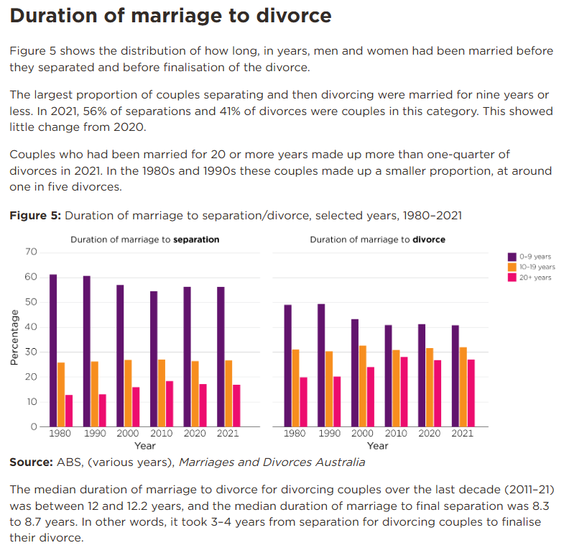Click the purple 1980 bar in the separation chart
pos(53,350)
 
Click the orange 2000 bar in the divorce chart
pos(362,386)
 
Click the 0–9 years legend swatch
pos(512,256)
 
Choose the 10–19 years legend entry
pos(536,267)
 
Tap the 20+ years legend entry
pos(535,278)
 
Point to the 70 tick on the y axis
pos(30,252)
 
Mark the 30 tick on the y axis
pos(30,352)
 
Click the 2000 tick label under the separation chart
pos(127,434)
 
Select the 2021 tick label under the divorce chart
pos(463,434)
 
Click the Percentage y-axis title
pos(14,338)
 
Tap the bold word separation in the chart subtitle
pos(196,239)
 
